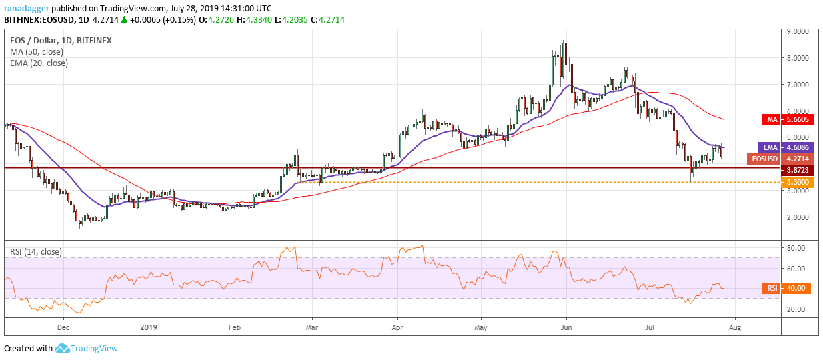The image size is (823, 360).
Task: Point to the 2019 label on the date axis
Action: coord(149,328)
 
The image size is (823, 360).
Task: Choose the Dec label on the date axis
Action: coord(63,328)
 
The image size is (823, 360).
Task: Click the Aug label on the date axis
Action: coord(736,328)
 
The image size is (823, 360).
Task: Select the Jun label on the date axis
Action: coord(566,328)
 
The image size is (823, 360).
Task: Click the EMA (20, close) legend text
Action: coord(39,63)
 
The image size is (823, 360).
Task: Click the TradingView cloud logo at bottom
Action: coord(63,348)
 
